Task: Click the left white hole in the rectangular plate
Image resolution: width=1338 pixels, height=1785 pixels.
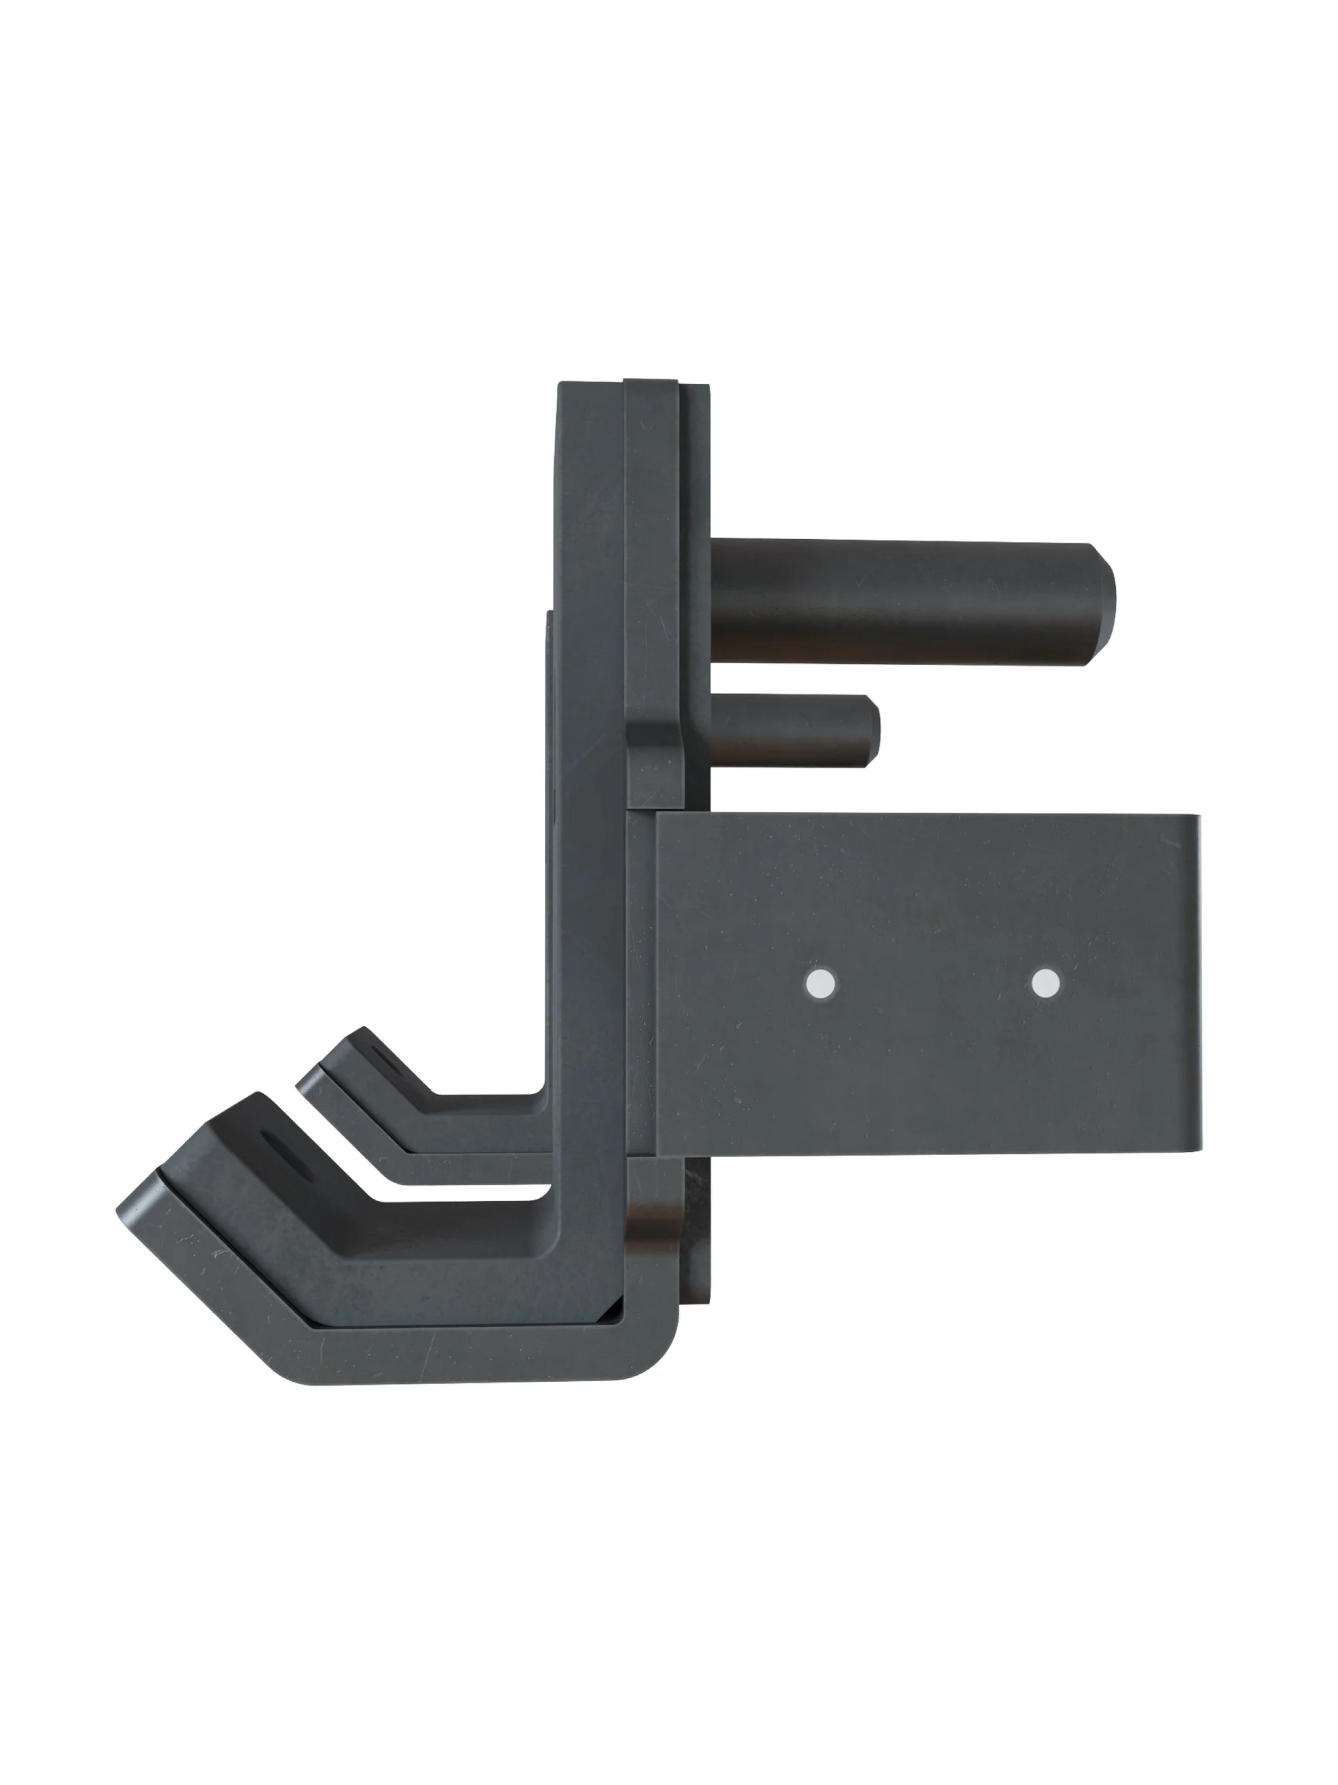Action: click(x=821, y=983)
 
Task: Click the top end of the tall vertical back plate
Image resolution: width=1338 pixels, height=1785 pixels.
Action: click(x=589, y=388)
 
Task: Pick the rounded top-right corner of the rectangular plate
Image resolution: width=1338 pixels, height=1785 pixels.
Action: click(x=1190, y=823)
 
